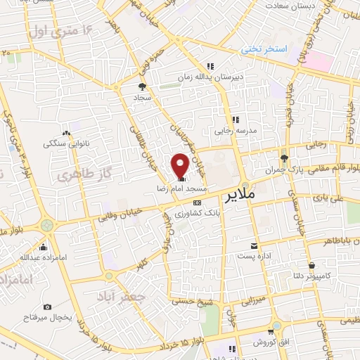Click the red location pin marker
[x=180, y=165]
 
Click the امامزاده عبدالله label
[x=43, y=257]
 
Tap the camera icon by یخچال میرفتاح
[x=47, y=307]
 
